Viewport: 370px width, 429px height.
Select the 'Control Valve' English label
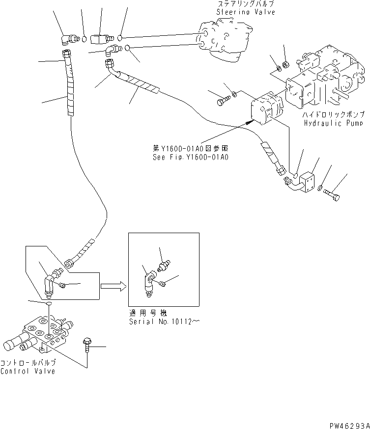pos(28,371)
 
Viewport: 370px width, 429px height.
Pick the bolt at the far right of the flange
pos(333,193)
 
